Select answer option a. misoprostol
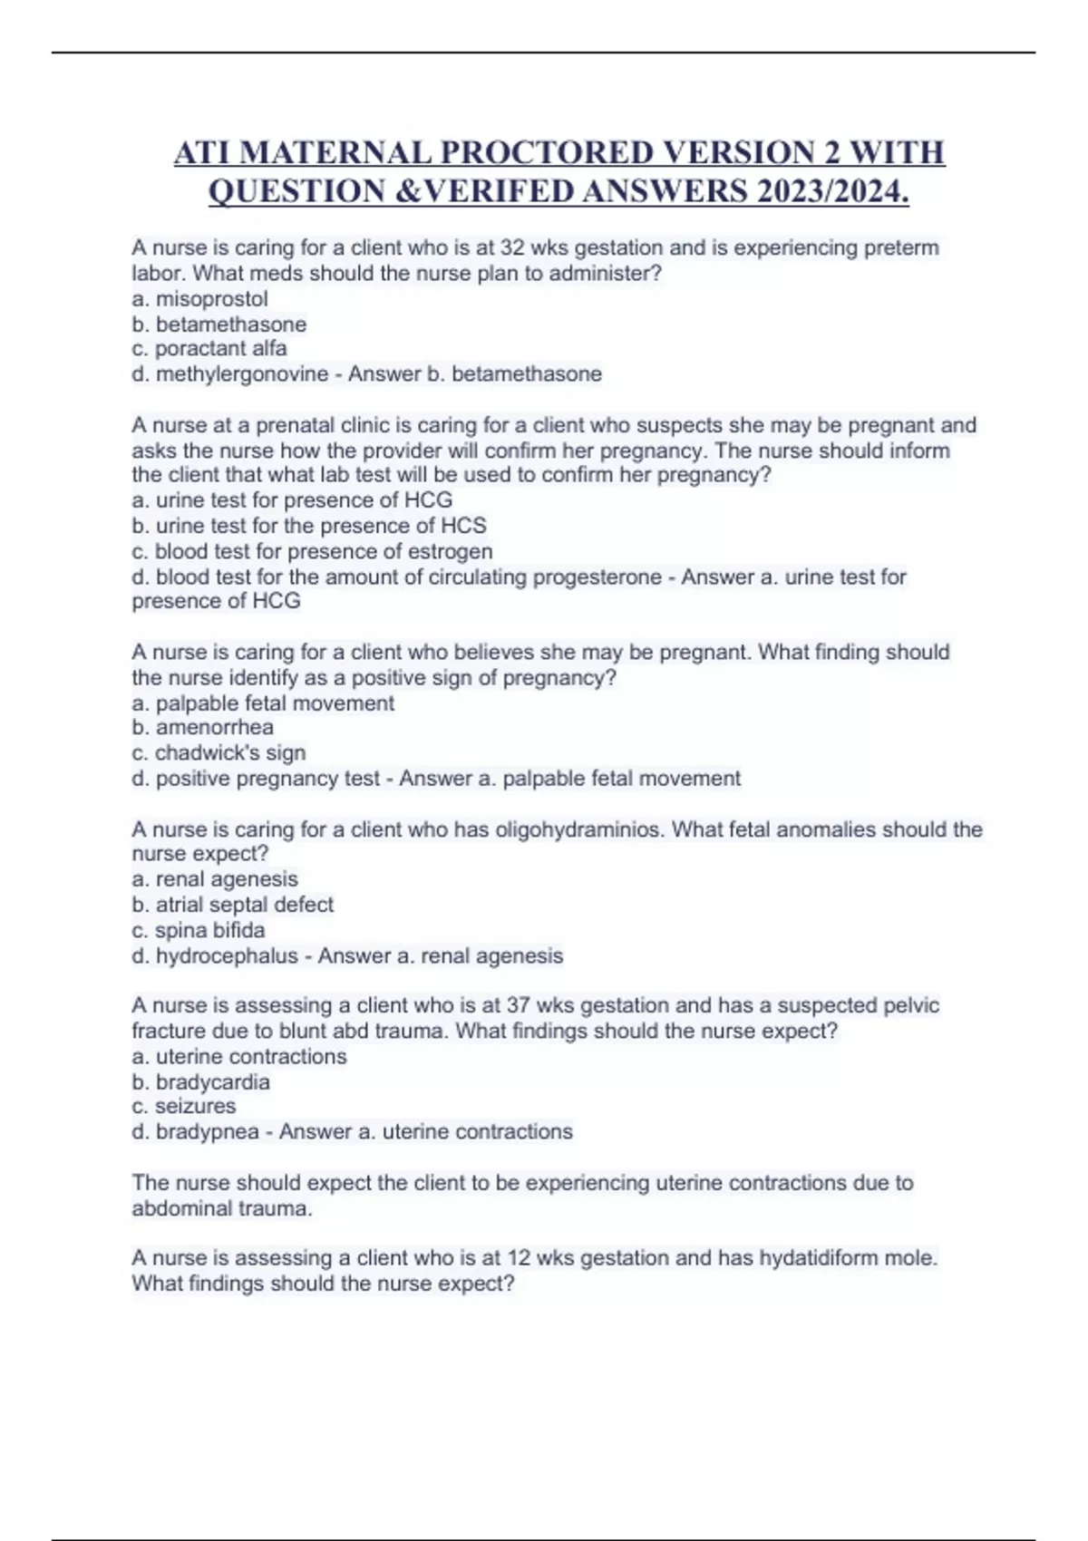pos(200,299)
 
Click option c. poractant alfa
pos(209,349)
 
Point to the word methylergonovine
pos(242,374)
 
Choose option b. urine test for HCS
pos(309,526)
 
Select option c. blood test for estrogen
pos(312,551)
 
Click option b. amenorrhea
pos(202,727)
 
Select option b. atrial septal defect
pos(233,905)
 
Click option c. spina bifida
pos(199,930)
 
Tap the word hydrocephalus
pos(227,955)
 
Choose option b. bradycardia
pos(200,1082)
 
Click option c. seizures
pos(184,1107)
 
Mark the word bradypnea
pos(208,1132)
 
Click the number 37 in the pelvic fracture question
pos(519,1005)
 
